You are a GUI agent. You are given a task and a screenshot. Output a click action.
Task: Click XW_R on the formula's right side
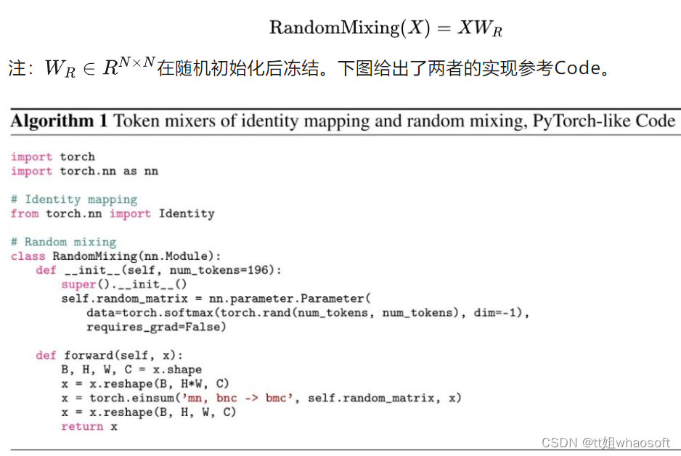[x=480, y=28]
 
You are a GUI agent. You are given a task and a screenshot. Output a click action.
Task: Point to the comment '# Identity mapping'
[x=74, y=199]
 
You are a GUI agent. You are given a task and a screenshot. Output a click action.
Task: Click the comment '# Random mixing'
[x=64, y=242]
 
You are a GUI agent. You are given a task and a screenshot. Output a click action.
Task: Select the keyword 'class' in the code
[x=28, y=256]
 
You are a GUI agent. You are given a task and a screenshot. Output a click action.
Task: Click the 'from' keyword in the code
[x=25, y=213]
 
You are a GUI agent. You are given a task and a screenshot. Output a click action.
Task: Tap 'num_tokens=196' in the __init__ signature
[x=230, y=270]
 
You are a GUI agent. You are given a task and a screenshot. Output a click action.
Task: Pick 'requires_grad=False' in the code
[x=156, y=327]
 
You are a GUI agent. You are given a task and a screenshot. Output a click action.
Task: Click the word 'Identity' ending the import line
[x=187, y=213]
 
